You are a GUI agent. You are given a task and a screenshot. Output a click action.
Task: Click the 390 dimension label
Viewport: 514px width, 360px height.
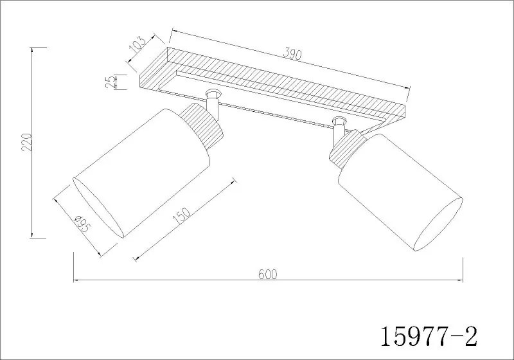tap(292, 53)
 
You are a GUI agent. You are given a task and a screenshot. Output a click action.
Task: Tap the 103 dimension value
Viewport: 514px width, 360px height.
tap(137, 45)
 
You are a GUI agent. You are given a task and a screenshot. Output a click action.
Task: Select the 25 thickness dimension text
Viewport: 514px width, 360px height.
tap(111, 82)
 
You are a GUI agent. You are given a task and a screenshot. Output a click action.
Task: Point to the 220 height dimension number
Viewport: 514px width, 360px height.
tap(26, 142)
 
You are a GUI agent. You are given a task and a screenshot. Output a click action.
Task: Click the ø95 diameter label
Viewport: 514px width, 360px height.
tap(82, 224)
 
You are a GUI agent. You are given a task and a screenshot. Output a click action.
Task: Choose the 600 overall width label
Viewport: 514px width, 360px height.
tap(268, 274)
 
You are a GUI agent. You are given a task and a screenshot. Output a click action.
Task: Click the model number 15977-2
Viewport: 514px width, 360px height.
tap(429, 336)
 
